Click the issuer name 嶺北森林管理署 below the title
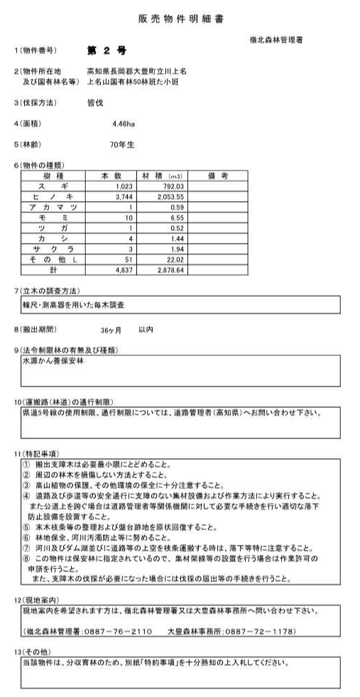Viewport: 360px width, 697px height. [276, 38]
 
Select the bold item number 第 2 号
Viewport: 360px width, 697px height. [106, 50]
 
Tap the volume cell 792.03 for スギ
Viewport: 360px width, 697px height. [172, 185]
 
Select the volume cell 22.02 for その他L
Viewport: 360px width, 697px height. [174, 260]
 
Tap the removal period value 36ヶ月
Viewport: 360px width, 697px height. [111, 330]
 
